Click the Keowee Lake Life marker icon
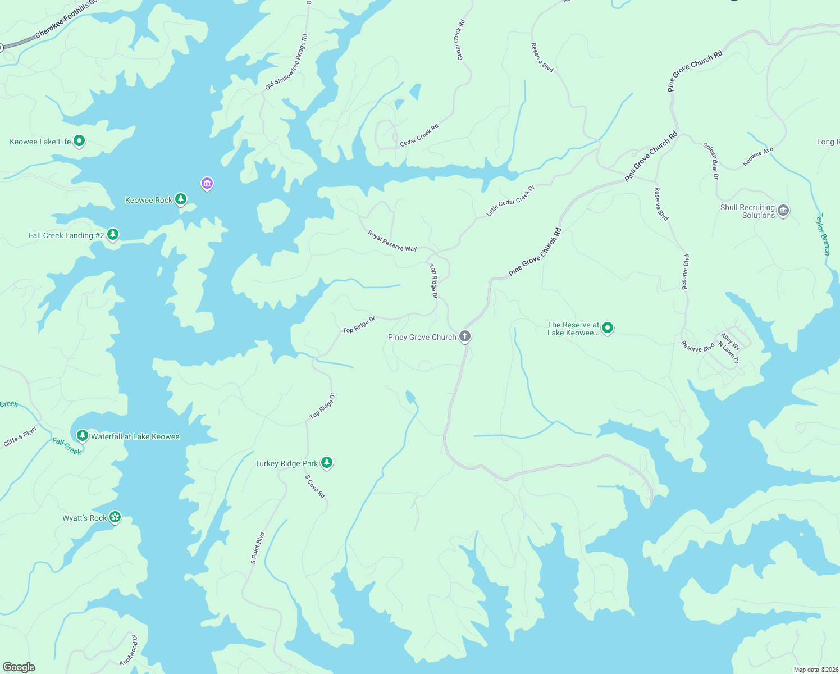click(79, 140)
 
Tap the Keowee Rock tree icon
click(180, 199)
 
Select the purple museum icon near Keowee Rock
click(207, 183)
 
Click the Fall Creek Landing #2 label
click(66, 235)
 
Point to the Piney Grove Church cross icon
click(465, 336)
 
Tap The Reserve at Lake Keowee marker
click(607, 328)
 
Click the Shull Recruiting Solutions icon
click(784, 211)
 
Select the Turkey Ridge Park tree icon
click(326, 462)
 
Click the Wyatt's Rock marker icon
click(115, 517)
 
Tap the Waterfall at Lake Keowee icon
click(83, 435)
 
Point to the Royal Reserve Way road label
click(392, 241)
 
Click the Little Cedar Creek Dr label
click(510, 201)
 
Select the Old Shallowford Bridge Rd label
click(286, 62)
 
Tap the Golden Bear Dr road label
click(711, 161)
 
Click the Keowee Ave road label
click(757, 157)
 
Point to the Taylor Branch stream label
click(823, 234)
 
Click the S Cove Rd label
click(315, 486)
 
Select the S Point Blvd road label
click(258, 548)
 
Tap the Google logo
click(19, 667)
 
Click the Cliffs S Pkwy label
click(20, 436)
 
